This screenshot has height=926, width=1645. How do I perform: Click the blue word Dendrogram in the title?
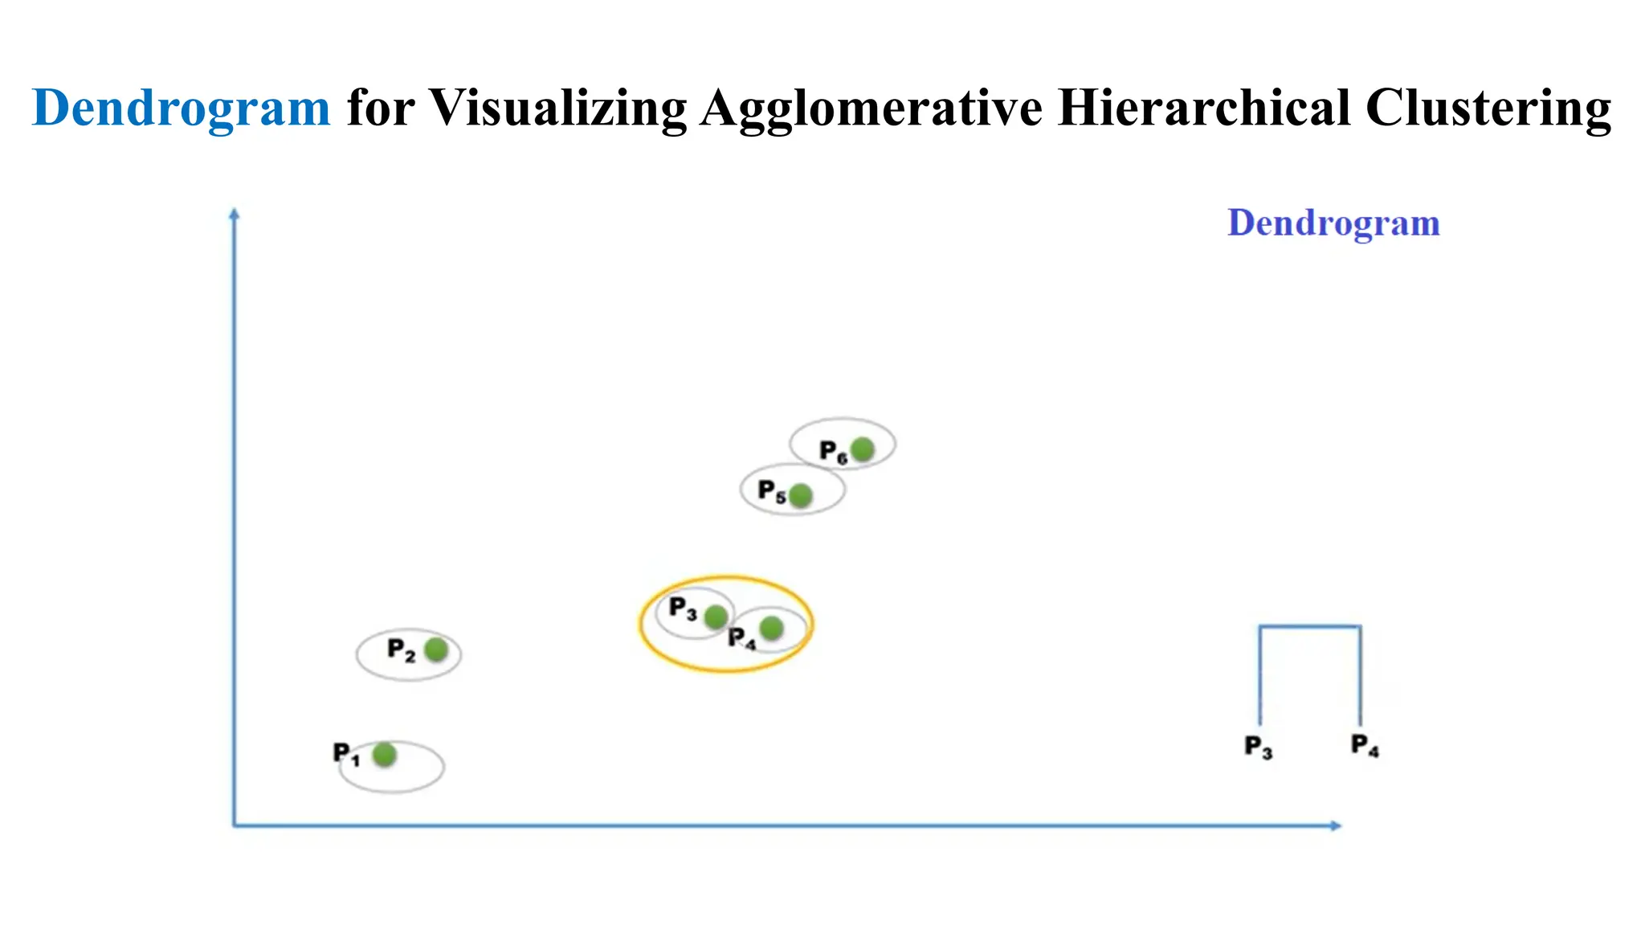[181, 108]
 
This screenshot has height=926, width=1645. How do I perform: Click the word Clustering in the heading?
[1488, 108]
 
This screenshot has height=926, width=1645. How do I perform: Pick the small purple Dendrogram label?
[1333, 223]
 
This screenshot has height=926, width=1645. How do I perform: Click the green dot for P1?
[385, 755]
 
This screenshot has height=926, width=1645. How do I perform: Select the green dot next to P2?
[436, 649]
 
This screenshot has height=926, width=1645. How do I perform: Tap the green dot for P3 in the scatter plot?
[716, 617]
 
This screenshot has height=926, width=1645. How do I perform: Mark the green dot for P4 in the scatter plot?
[771, 628]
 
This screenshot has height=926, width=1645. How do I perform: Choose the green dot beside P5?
[800, 496]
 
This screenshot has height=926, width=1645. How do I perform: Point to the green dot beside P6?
[862, 449]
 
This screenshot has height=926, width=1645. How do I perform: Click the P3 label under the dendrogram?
[1258, 748]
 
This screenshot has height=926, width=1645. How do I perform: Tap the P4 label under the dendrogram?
[1365, 746]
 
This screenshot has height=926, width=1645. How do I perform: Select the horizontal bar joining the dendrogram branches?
[1309, 626]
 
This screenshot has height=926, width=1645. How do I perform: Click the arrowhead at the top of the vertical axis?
[235, 214]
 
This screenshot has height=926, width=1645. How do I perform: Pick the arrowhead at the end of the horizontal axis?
[1336, 826]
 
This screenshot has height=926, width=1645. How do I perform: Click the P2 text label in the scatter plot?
[401, 649]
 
